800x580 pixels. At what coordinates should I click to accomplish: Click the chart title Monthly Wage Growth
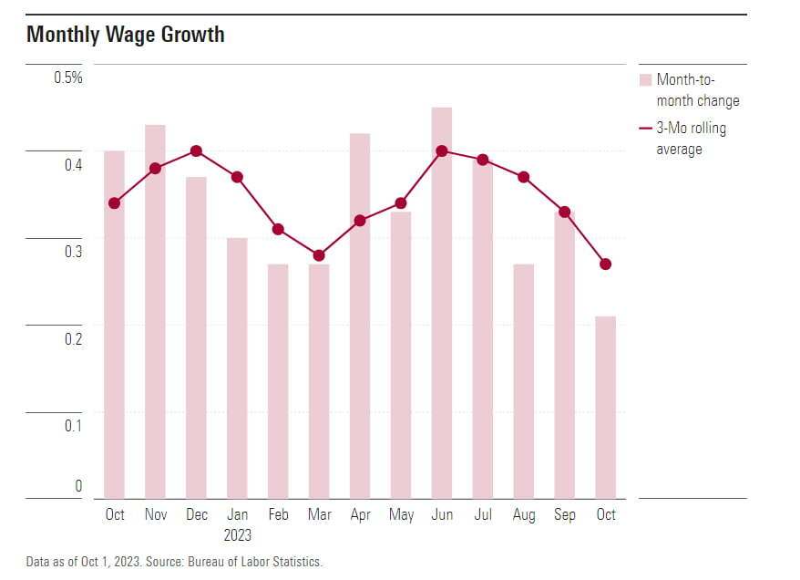pos(126,36)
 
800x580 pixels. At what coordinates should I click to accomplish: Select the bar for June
pos(442,301)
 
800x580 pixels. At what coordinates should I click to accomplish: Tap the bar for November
pos(155,310)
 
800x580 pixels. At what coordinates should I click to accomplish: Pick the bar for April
pos(360,315)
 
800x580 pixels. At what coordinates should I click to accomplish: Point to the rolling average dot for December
pos(196,151)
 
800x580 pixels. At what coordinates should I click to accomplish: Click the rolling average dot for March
pos(319,255)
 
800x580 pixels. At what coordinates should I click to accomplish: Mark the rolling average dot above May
pos(401,203)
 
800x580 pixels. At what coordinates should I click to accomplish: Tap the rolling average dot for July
pos(483,160)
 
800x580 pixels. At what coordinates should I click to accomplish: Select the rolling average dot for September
pos(565,212)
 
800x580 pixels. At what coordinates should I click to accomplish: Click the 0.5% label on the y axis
pos(68,78)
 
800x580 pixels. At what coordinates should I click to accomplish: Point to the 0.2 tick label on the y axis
pos(72,339)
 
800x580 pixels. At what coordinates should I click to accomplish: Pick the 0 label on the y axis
pos(78,486)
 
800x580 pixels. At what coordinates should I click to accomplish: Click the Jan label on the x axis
pos(237,514)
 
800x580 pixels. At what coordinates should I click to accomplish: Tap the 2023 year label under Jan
pos(237,535)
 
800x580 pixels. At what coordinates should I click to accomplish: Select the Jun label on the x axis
pos(442,514)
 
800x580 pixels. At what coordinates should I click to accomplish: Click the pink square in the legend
pos(646,80)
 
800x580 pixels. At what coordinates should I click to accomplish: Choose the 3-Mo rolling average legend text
pos(691,139)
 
